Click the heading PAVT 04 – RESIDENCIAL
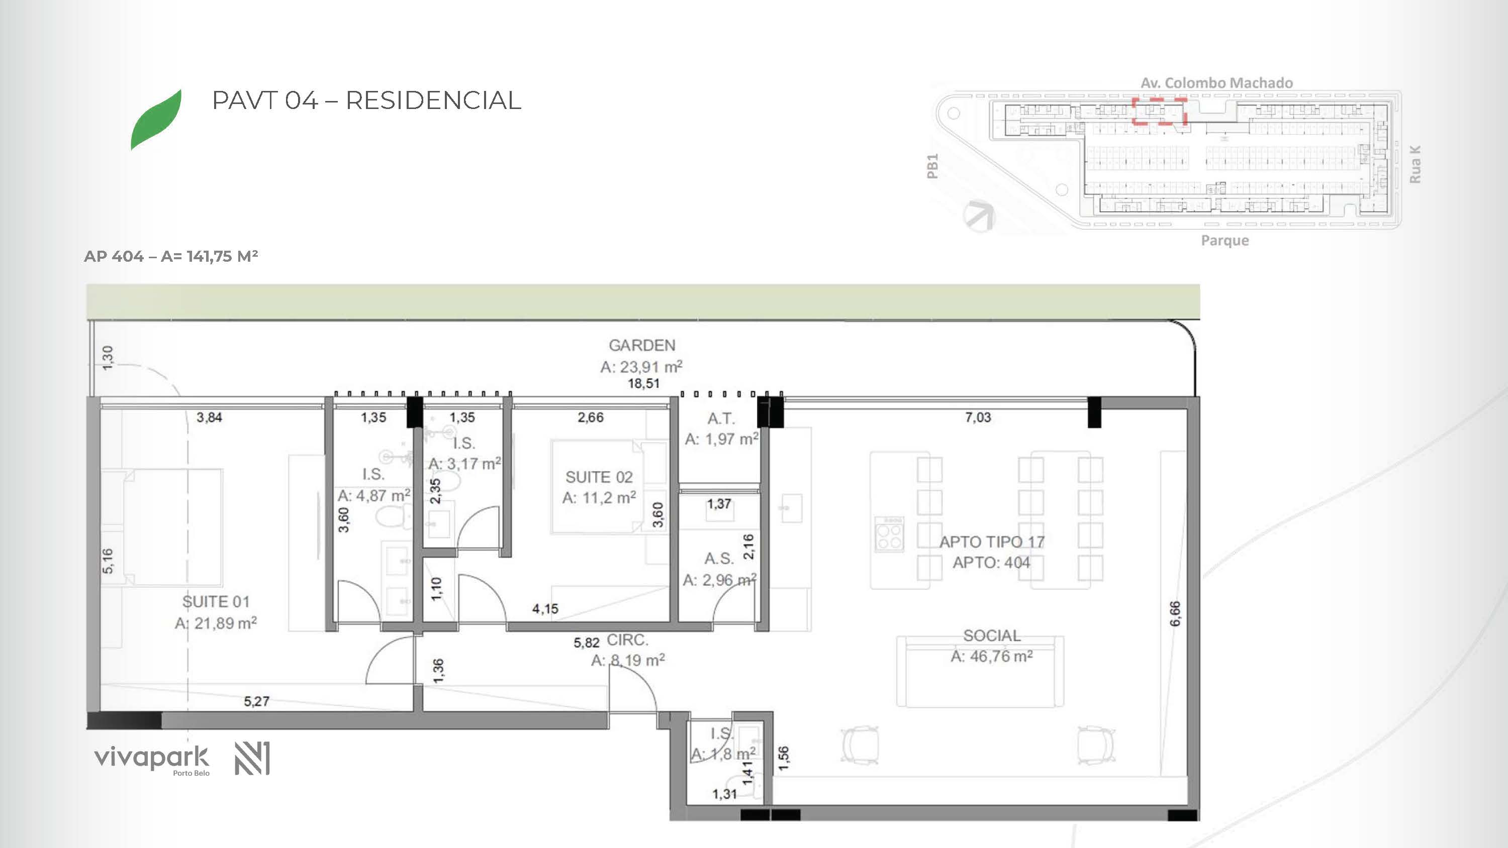366,100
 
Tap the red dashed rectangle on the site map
1159,111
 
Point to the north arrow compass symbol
979,216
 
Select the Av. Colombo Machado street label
1216,83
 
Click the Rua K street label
1415,164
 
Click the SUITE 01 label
216,602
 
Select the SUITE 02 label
599,478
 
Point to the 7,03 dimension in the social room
978,417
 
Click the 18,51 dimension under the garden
643,383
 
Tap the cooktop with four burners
889,534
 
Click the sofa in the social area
980,672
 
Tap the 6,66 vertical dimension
1175,614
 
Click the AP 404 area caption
171,256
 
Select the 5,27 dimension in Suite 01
256,701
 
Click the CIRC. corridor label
627,640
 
